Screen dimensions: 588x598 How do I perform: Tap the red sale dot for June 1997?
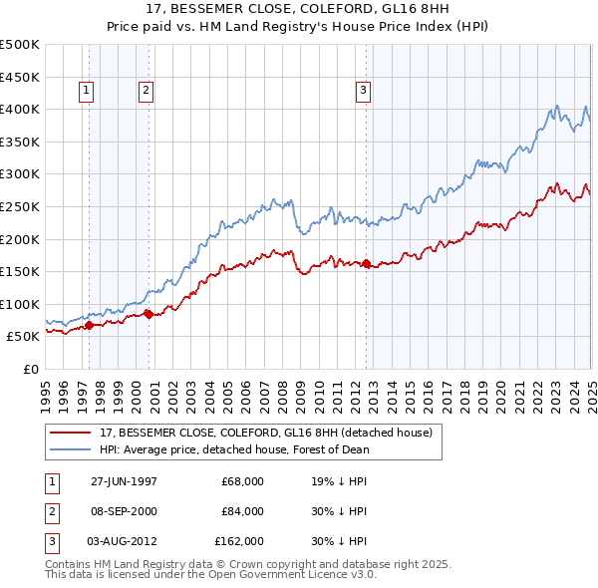click(x=90, y=324)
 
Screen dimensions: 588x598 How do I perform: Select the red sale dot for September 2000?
click(x=149, y=314)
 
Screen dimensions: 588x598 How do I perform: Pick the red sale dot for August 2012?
click(x=366, y=263)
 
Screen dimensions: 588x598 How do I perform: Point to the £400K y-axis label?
click(x=20, y=109)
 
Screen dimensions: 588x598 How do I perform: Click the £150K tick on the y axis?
click(x=20, y=271)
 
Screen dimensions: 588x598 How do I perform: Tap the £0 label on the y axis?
click(x=30, y=369)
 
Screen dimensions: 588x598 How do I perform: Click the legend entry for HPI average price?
click(x=233, y=448)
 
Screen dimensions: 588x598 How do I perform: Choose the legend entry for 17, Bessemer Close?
click(x=265, y=433)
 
